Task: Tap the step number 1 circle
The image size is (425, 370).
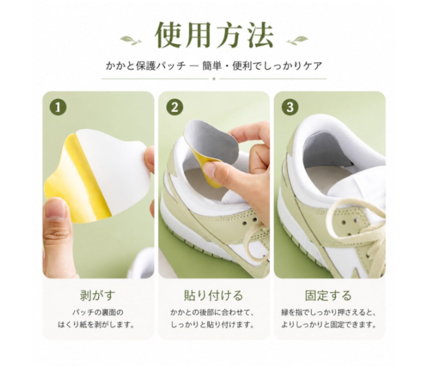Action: (x=58, y=108)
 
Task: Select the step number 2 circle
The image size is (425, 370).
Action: (x=175, y=108)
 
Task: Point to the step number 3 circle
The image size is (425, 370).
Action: (x=290, y=108)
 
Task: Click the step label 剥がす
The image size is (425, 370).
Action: (x=97, y=295)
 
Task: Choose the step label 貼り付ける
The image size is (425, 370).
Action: (x=213, y=295)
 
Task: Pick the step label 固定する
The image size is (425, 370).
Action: (x=328, y=295)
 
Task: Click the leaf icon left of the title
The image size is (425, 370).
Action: (x=131, y=40)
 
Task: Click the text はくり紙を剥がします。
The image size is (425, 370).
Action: (x=96, y=331)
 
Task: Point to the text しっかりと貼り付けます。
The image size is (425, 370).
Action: (x=213, y=331)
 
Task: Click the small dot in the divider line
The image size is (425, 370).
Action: (x=214, y=79)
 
